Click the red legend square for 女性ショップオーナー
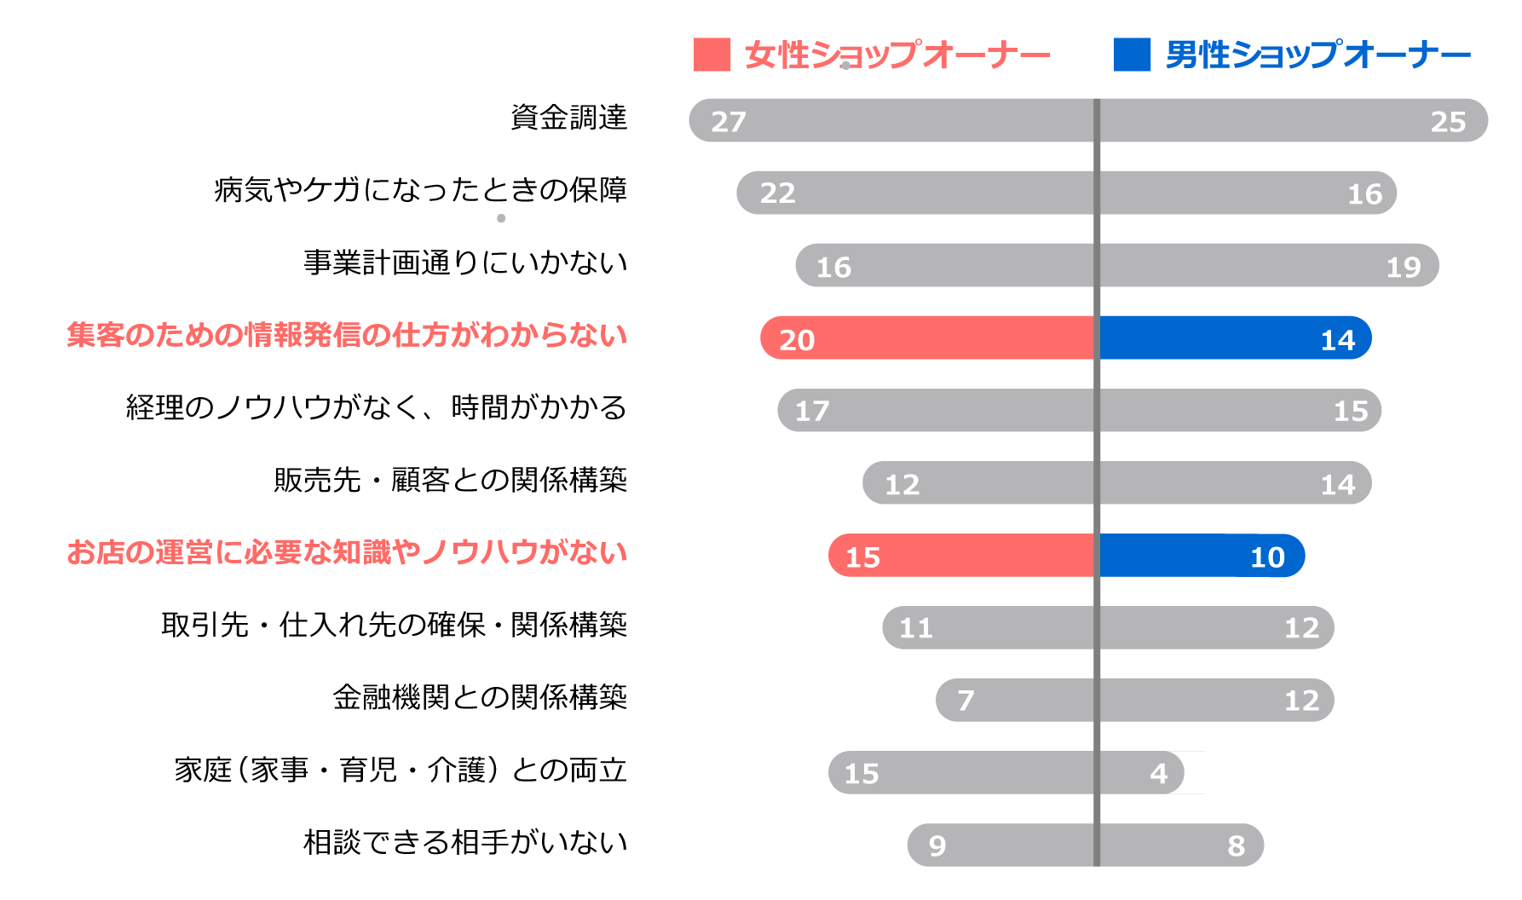point(712,55)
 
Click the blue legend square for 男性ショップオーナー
point(1132,55)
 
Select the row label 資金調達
point(568,117)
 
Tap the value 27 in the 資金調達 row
point(729,122)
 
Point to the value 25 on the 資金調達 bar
point(1448,122)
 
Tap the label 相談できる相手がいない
point(465,842)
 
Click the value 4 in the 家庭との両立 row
point(1158,773)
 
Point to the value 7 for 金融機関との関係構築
point(965,701)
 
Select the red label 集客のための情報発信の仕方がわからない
point(347,335)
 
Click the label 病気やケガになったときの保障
point(420,189)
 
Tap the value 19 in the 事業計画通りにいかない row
point(1403,267)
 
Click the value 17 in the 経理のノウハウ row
point(811,412)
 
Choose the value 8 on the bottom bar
point(1236,845)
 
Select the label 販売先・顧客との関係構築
point(450,480)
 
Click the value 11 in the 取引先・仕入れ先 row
point(916,628)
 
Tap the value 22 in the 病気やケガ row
point(777,193)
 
